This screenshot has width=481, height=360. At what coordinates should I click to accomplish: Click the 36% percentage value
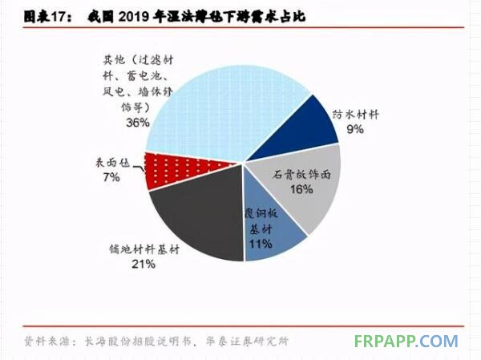[x=137, y=123]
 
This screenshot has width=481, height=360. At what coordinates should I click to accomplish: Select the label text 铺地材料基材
[x=144, y=249]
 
